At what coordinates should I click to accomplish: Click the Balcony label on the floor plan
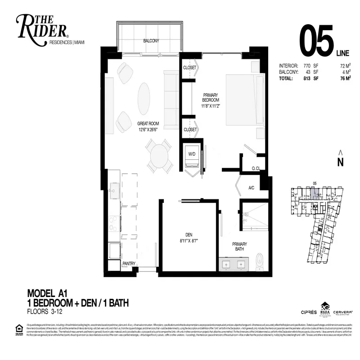point(151,40)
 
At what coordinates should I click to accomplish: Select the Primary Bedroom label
point(210,98)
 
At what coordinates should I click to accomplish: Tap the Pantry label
point(129,263)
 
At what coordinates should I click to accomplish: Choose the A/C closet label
point(252,188)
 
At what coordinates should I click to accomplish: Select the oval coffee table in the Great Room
point(144,98)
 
